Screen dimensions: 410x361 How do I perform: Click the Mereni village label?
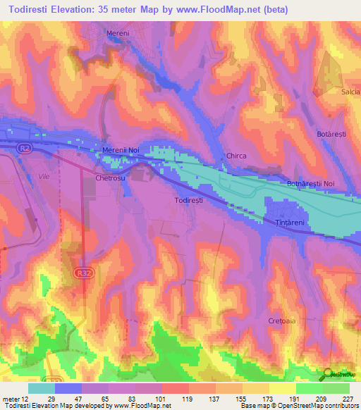coord(118,33)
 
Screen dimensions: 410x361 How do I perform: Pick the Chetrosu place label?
coord(110,179)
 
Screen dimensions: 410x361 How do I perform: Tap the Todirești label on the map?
coord(190,200)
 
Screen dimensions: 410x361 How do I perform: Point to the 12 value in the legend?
coord(23,398)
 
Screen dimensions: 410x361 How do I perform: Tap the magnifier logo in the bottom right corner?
coord(329,374)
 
